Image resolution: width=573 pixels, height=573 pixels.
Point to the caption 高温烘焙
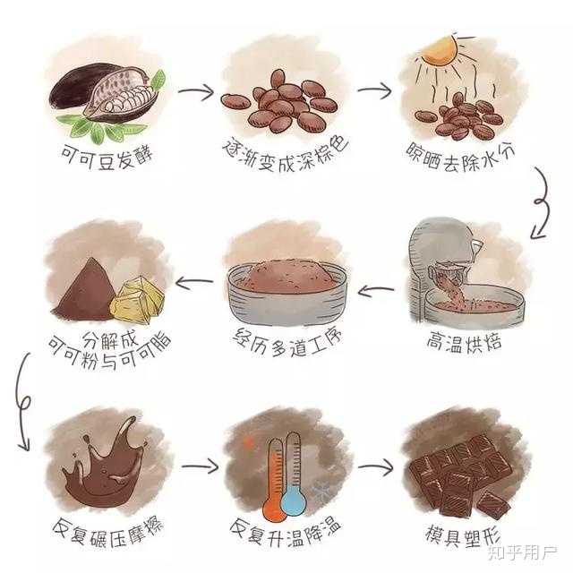(464, 342)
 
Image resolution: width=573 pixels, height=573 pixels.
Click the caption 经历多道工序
(288, 342)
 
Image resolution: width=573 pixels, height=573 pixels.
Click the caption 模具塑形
(462, 535)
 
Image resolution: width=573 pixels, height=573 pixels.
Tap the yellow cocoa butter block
(137, 300)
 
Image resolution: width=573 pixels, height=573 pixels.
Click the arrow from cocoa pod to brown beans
(196, 91)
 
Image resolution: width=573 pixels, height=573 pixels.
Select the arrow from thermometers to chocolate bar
(375, 467)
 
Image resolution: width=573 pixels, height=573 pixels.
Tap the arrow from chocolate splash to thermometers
(200, 466)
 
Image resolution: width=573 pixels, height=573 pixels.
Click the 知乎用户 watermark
(523, 553)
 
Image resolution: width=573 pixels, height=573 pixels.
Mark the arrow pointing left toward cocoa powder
(194, 281)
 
